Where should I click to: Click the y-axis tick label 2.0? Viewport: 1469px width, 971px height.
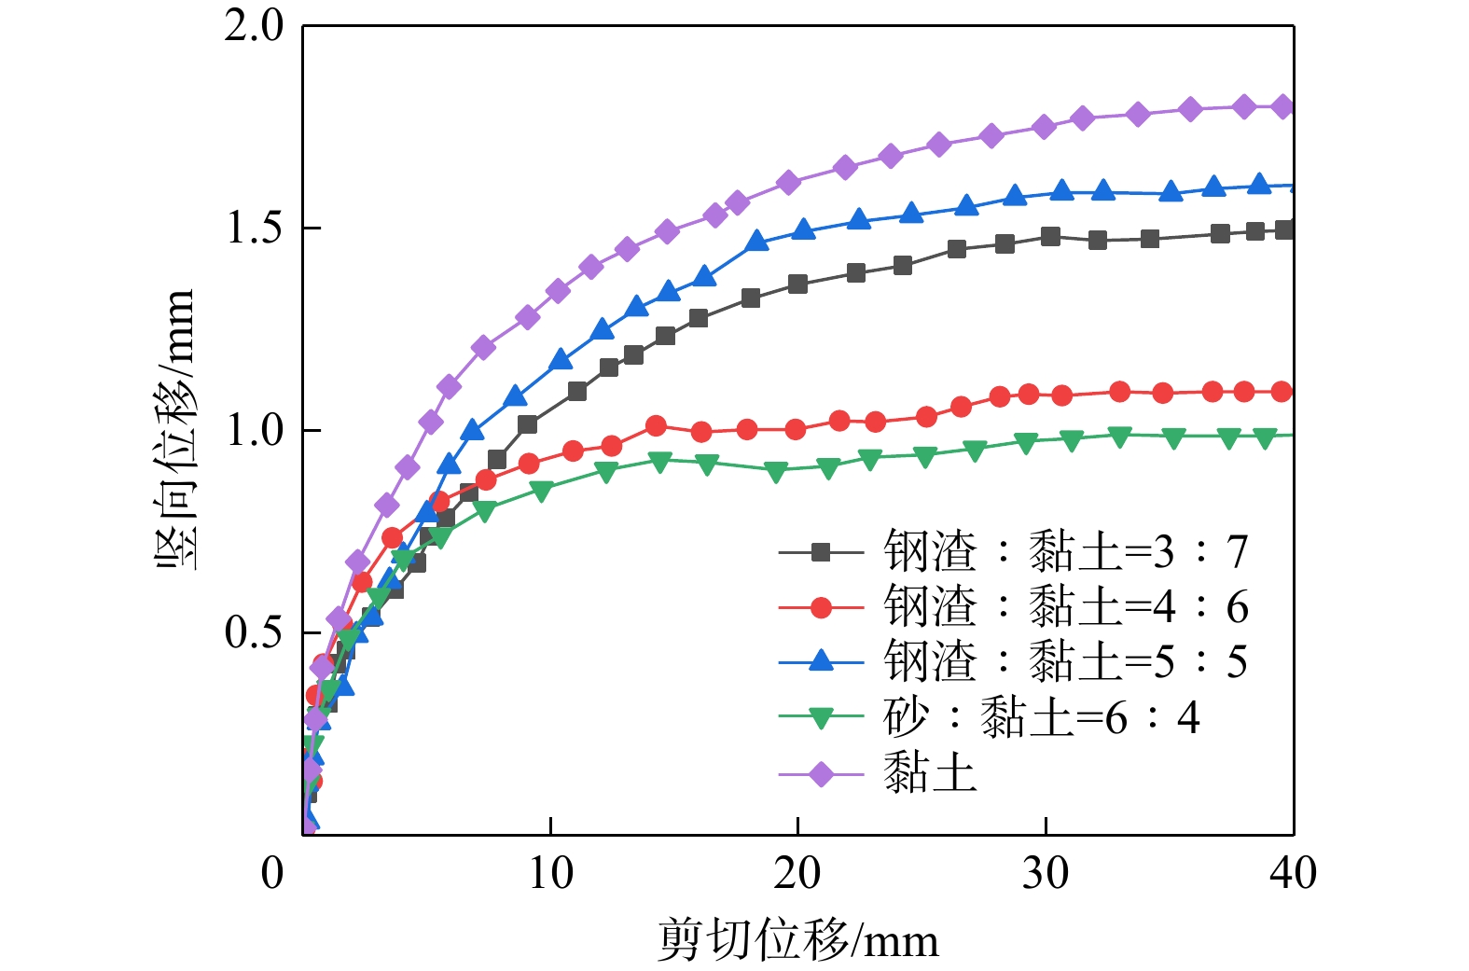pos(254,26)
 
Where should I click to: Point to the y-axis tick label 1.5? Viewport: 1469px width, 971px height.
pos(254,229)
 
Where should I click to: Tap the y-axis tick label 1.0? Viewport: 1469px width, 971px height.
pos(254,431)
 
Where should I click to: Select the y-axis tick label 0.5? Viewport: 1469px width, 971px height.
pos(254,633)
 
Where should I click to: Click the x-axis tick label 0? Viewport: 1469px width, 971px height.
pos(272,874)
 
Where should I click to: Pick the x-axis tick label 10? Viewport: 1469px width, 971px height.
pos(550,874)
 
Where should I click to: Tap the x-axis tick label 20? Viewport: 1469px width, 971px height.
pos(797,874)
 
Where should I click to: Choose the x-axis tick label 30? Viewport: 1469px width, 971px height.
pos(1046,874)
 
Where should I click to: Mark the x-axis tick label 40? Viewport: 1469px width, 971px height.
pos(1293,874)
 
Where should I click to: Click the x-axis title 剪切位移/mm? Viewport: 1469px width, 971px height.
pos(798,940)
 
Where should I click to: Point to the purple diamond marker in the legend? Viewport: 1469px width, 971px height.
pos(821,774)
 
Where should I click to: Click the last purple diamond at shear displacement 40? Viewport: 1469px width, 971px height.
pos(1283,106)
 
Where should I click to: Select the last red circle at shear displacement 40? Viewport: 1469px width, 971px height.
pos(1282,392)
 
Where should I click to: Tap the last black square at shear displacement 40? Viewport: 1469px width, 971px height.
pos(1284,230)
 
